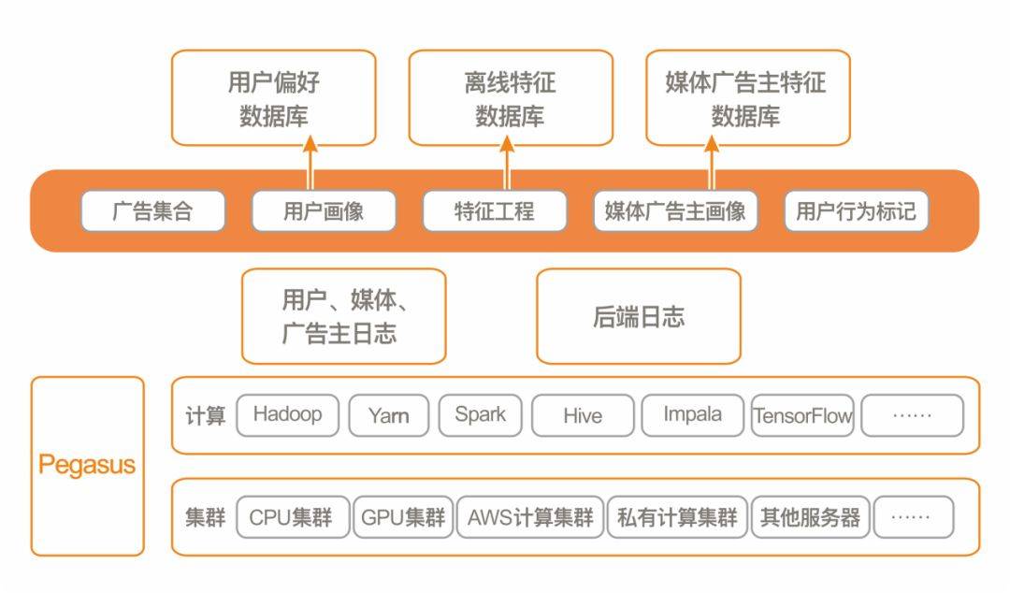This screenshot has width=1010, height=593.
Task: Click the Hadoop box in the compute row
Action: coord(287,415)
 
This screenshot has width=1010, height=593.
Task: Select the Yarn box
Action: coord(388,415)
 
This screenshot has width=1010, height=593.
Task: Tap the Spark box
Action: coord(480,415)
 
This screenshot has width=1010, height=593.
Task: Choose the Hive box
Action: coord(583,415)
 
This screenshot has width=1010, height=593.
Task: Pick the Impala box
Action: coord(692,415)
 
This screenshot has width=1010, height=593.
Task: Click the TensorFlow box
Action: coord(803,415)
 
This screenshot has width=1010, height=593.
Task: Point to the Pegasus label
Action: coord(87,465)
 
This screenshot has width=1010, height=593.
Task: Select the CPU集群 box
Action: coord(291,517)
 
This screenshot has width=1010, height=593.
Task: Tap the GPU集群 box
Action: coord(403,517)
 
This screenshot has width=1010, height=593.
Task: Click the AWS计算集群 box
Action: coord(530,517)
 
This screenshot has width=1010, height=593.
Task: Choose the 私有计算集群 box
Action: coord(677,517)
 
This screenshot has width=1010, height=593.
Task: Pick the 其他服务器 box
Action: coord(810,517)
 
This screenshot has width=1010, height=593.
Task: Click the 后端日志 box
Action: coord(638,316)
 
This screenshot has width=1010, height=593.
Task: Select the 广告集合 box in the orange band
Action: coord(152,211)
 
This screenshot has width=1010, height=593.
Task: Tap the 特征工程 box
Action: coord(495,211)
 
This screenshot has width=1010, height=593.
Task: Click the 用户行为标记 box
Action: coord(856,211)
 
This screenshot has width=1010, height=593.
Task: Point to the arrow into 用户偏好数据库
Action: coord(310,164)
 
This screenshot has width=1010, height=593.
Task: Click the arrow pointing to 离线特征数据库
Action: coord(507,164)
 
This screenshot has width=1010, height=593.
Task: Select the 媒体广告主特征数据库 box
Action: coord(747,98)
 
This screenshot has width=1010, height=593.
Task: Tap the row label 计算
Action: coord(205,415)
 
